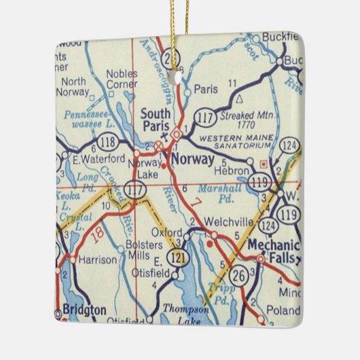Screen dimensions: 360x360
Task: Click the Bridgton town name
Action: [84, 310]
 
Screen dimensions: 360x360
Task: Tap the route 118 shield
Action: [108, 144]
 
